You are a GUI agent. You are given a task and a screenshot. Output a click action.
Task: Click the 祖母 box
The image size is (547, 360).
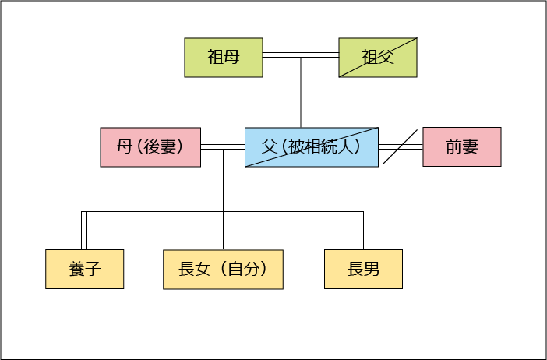(223, 58)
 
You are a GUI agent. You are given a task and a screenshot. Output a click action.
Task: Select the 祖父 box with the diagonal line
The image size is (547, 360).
(378, 58)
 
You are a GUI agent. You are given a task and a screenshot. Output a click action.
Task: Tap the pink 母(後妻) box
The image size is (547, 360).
(150, 147)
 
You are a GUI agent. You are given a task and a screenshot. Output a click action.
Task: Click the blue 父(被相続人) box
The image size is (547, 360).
(312, 147)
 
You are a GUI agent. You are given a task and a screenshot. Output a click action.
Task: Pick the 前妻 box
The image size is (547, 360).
(461, 147)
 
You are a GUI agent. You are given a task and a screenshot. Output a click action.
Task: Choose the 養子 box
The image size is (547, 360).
(84, 270)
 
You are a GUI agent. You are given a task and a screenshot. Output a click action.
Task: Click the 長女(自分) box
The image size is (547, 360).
(223, 270)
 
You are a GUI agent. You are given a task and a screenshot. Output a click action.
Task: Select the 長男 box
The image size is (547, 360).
(363, 270)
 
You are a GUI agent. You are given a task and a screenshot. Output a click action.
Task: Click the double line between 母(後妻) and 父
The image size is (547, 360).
(223, 146)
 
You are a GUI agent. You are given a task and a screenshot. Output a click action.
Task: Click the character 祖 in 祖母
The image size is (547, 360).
(215, 58)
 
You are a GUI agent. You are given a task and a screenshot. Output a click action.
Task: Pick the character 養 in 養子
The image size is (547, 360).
(76, 270)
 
